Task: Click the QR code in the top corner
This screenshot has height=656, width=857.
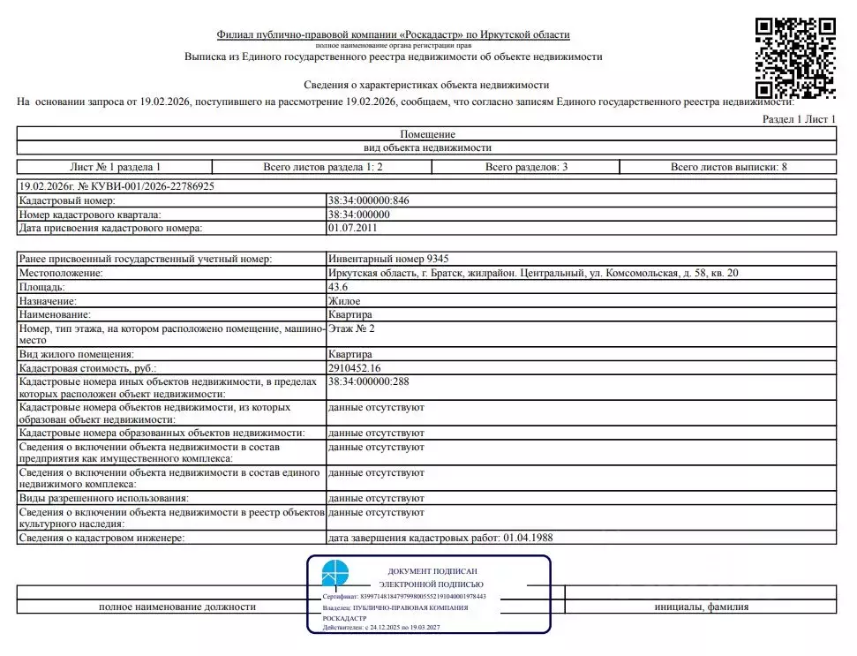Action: [795, 58]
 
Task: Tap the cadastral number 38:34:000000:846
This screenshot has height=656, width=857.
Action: [368, 200]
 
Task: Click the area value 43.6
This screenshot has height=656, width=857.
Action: [339, 287]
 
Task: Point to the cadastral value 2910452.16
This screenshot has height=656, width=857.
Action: [357, 367]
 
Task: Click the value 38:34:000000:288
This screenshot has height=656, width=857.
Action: [368, 381]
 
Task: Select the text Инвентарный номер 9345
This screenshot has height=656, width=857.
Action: [387, 259]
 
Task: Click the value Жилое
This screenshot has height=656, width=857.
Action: [344, 301]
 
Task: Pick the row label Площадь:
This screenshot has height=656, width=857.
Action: [41, 287]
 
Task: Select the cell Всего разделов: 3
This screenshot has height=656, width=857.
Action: [525, 167]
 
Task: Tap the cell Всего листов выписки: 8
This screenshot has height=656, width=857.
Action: [723, 167]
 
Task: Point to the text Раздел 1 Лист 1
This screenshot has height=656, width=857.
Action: [798, 118]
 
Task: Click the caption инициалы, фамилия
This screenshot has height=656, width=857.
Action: [701, 607]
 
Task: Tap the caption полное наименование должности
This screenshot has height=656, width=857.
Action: [177, 607]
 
